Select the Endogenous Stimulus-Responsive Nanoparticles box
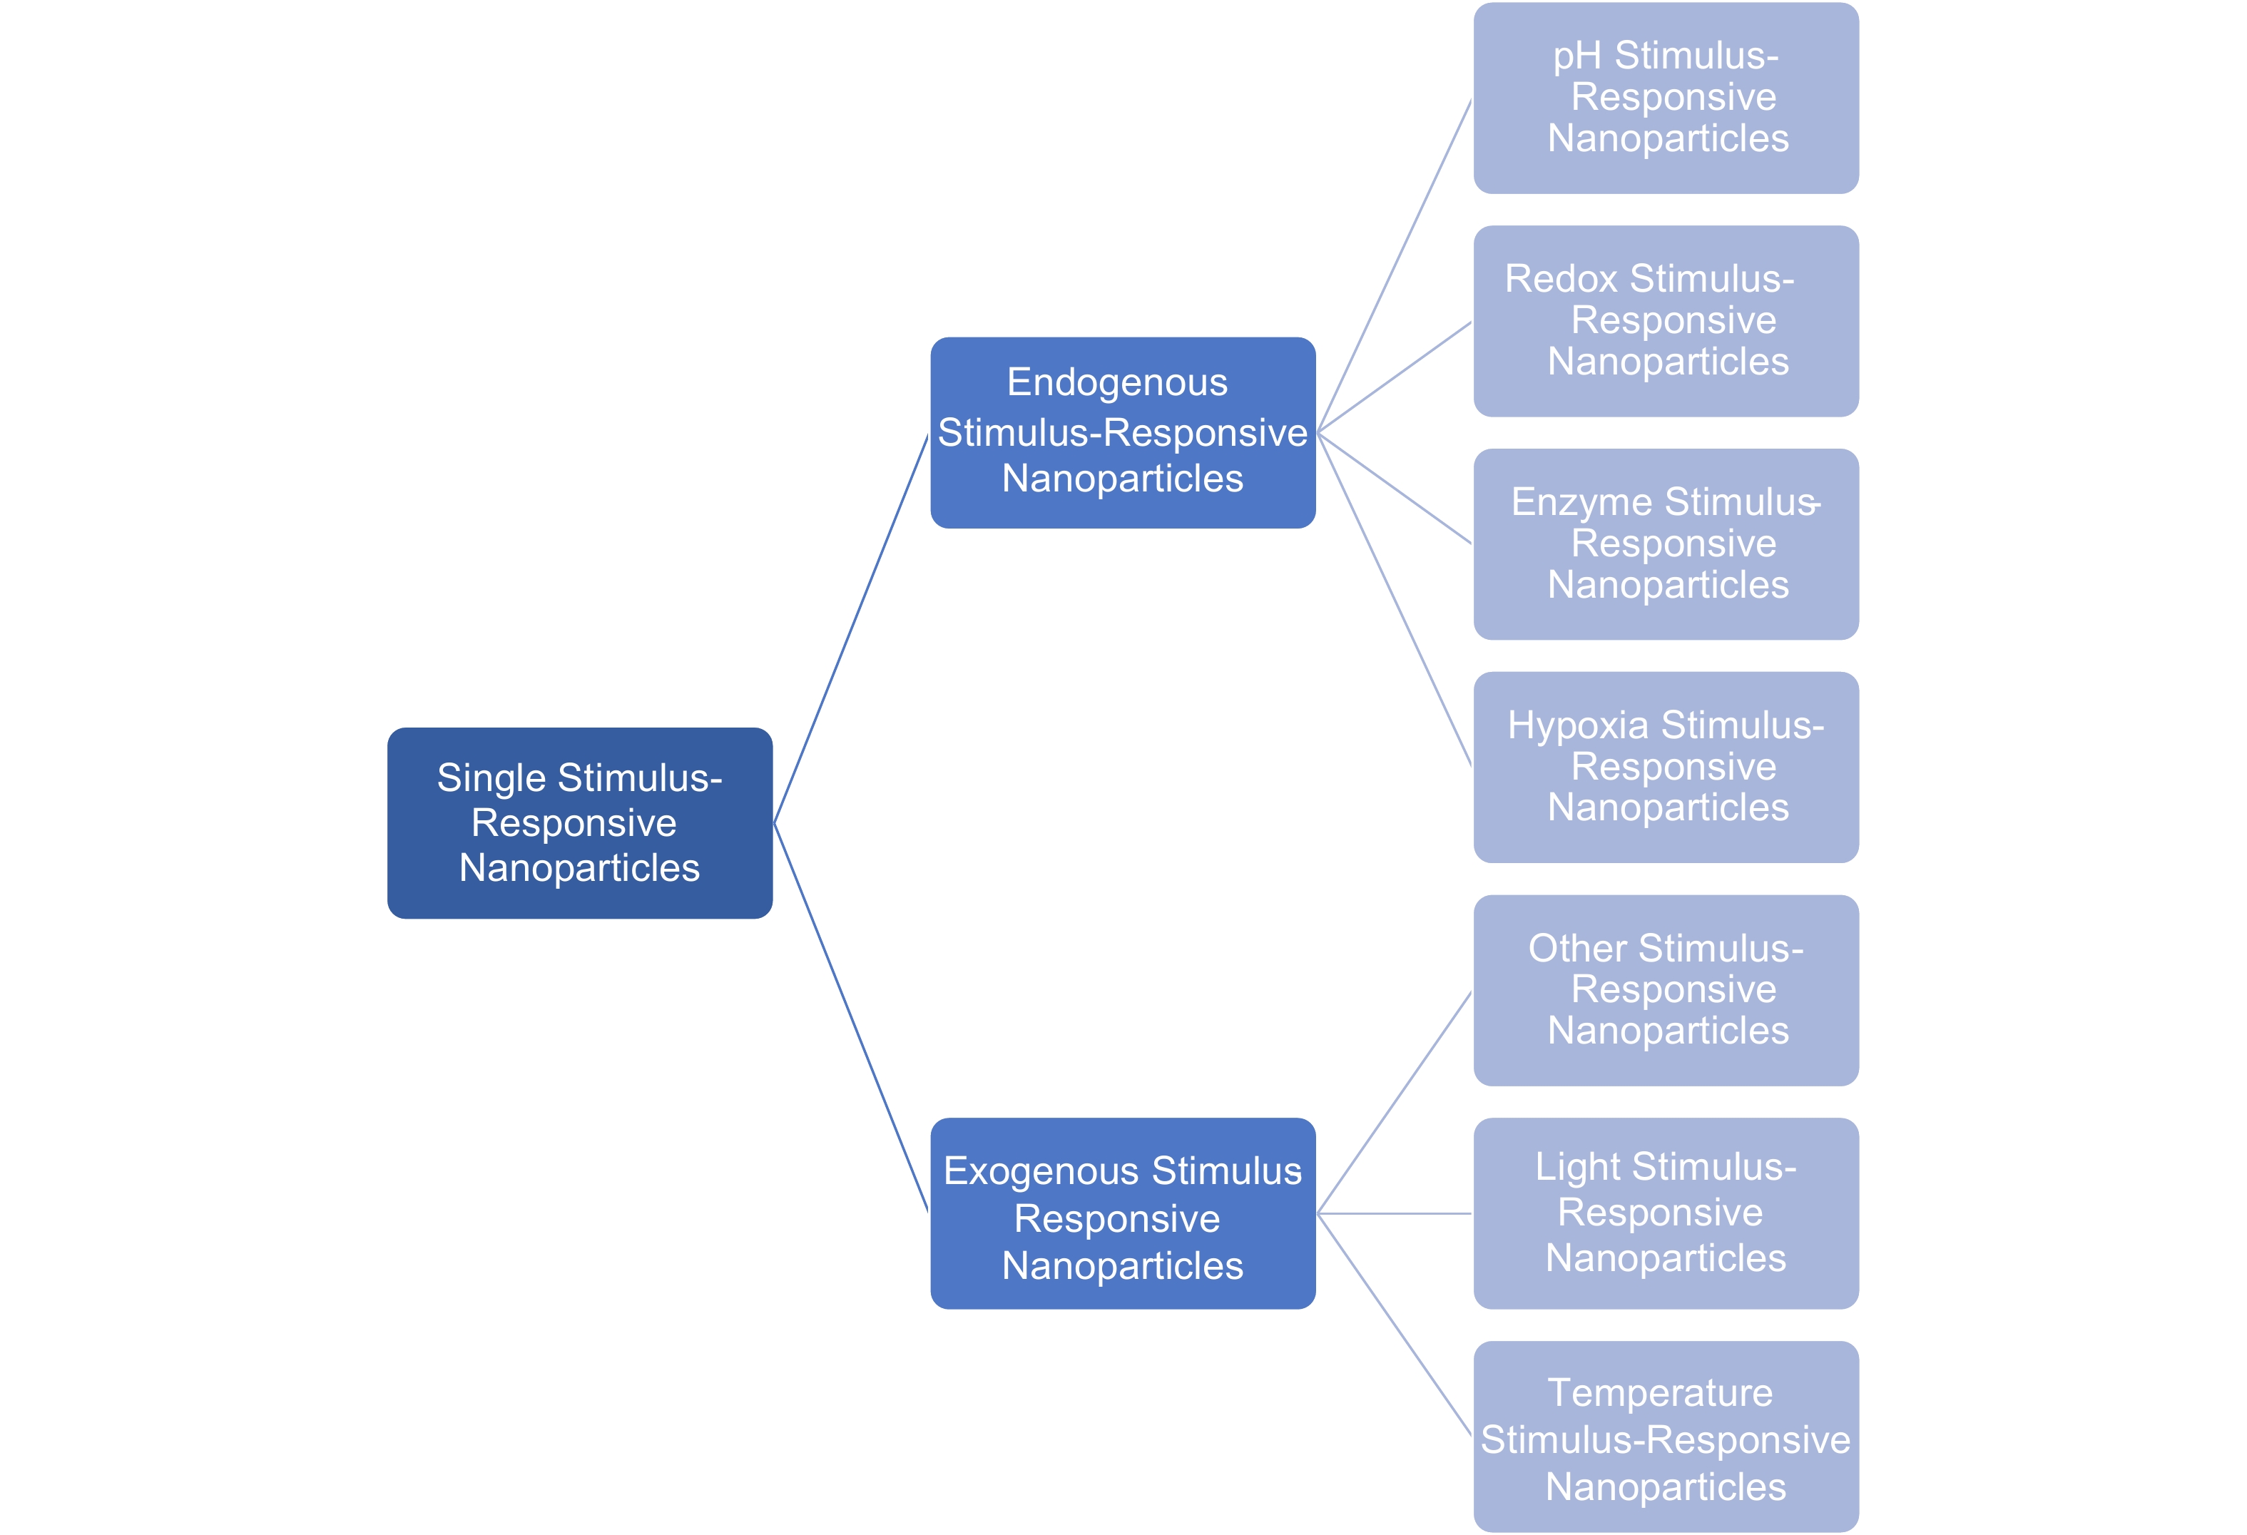(x=1123, y=432)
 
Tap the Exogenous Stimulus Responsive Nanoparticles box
(x=1123, y=1213)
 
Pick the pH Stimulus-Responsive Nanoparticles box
(x=1666, y=98)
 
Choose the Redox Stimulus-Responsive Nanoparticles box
(x=1666, y=321)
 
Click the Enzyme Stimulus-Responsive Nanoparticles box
(x=1666, y=544)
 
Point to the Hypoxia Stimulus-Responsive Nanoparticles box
(x=1666, y=767)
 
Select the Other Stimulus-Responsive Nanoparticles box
(x=1666, y=990)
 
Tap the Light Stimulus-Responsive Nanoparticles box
(x=1666, y=1213)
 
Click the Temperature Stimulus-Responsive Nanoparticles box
(x=1666, y=1437)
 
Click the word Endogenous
(x=1117, y=384)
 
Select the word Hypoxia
(x=1578, y=727)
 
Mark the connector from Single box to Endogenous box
(x=851, y=628)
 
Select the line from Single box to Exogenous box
(x=851, y=1018)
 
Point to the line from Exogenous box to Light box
(x=1395, y=1213)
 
